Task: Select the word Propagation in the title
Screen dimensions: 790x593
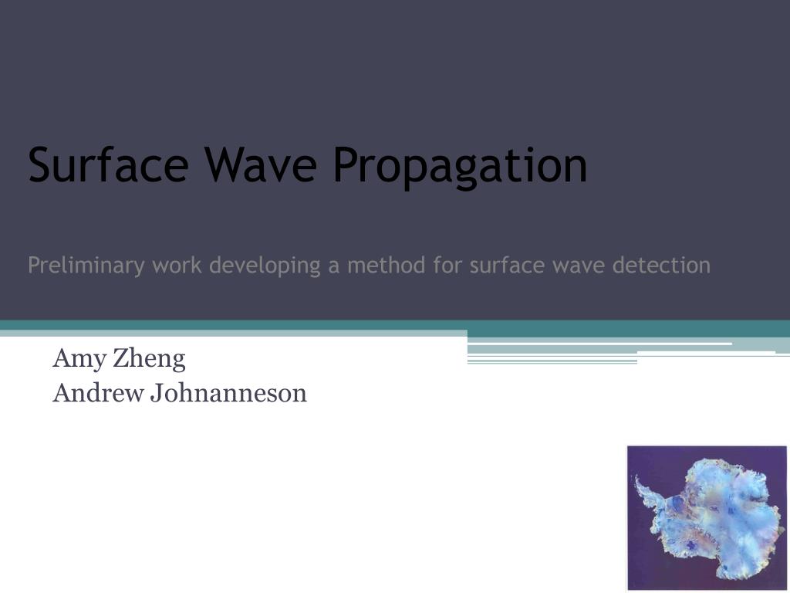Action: point(460,168)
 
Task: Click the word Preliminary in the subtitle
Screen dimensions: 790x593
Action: point(86,266)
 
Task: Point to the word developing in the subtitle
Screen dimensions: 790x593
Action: point(265,266)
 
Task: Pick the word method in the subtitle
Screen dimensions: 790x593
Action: point(387,265)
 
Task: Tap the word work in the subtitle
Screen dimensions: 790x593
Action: point(177,265)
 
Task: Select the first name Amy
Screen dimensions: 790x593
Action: point(79,360)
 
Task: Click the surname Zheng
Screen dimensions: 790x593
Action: point(149,360)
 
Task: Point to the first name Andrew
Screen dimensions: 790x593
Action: point(98,393)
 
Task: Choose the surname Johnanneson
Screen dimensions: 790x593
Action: point(228,393)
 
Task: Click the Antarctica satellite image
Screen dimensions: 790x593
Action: point(707,517)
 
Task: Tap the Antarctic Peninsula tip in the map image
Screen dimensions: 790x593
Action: point(636,476)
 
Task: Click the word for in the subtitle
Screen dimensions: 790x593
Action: point(447,265)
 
